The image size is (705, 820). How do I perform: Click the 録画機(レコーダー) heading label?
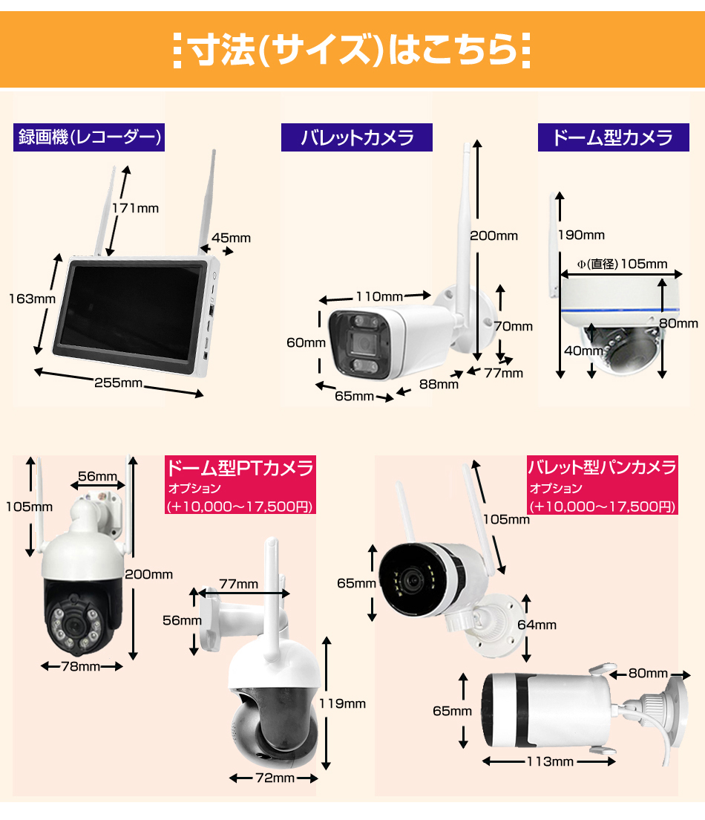point(89,137)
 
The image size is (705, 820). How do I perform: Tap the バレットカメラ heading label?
point(357,137)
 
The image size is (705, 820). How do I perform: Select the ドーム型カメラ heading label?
point(614,137)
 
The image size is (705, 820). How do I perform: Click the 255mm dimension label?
point(118,383)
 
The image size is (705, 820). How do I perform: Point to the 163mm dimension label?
point(33,299)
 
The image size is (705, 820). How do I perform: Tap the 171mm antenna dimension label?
point(135,208)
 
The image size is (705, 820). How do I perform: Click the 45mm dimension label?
point(231,238)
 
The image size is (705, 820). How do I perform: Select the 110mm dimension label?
point(379,296)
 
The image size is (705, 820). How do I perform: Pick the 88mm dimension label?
point(439,385)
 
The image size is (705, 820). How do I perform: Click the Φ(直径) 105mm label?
point(622,264)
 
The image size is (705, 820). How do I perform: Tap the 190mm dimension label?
point(581,235)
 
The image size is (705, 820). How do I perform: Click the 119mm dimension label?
point(342,703)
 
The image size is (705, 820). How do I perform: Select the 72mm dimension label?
point(275,778)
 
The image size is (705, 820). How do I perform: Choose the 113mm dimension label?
point(550,761)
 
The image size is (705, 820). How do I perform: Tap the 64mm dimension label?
point(537,625)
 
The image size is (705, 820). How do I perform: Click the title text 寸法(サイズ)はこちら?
point(352,51)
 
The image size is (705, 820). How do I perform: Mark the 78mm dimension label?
point(81,666)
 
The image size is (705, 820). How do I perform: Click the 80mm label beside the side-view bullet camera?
point(648,673)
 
